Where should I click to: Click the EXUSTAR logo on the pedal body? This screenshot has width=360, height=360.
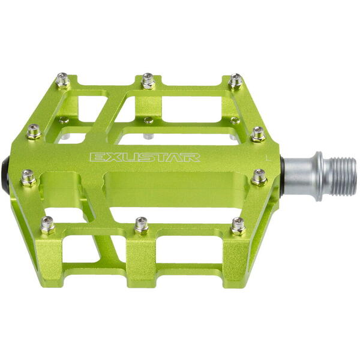point(145,157)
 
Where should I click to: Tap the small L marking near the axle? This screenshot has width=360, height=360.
point(266,157)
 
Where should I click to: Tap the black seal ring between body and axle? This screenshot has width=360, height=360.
point(282,176)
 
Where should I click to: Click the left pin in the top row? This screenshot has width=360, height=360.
point(62,80)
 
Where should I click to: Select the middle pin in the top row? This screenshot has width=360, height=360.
point(148,81)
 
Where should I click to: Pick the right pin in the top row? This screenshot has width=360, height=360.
point(236,81)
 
